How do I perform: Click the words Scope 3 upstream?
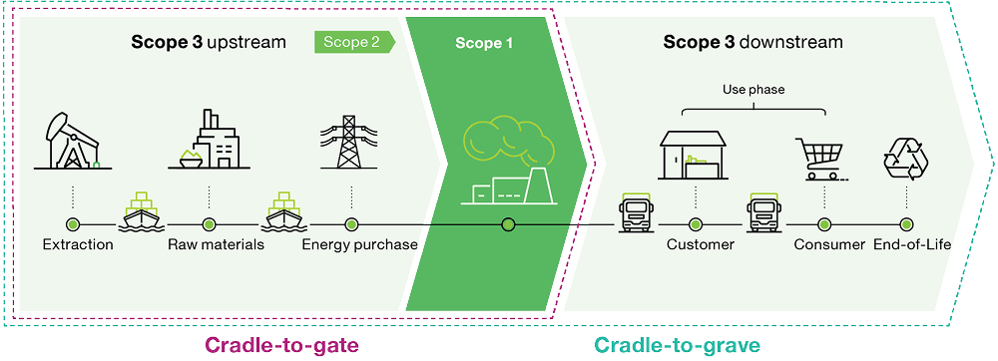(x=209, y=43)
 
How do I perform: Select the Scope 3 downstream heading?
(x=752, y=43)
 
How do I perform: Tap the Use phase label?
(x=752, y=90)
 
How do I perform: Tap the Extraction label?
(x=78, y=244)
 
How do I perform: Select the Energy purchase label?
(x=359, y=244)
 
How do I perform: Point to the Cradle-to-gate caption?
(x=281, y=345)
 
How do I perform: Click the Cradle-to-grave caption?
(x=679, y=345)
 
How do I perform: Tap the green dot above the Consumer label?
(x=823, y=223)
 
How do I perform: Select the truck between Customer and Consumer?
(x=761, y=212)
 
